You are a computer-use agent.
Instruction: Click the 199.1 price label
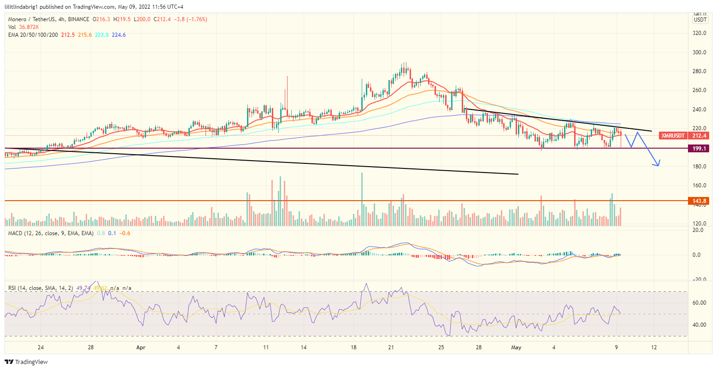(x=700, y=148)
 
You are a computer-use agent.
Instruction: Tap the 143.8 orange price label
(x=700, y=201)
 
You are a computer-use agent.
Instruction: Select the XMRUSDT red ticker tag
(x=673, y=135)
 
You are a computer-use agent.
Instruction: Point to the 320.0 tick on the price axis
(x=700, y=33)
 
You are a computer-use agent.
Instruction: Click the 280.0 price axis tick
(x=700, y=71)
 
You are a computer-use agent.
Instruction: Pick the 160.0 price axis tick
(x=700, y=185)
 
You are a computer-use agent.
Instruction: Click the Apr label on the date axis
(x=141, y=347)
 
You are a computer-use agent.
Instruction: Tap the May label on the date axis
(x=516, y=347)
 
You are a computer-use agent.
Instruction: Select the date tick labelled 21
(x=391, y=347)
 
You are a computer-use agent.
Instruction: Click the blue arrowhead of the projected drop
(x=658, y=163)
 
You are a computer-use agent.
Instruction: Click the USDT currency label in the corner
(x=700, y=19)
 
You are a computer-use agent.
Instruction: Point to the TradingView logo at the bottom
(x=26, y=362)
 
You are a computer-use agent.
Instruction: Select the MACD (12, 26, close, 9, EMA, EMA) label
(x=51, y=233)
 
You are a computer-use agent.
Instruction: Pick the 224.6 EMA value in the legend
(x=118, y=35)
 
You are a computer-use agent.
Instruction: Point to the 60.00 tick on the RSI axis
(x=700, y=303)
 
